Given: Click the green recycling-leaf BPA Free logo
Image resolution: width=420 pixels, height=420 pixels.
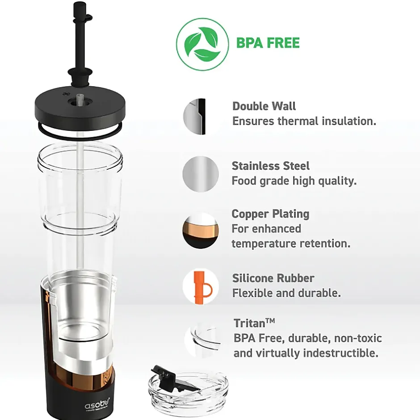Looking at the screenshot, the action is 202,44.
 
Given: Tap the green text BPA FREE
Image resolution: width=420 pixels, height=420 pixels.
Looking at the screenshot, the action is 268,43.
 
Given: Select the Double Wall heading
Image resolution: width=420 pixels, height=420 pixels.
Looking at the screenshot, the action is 264,106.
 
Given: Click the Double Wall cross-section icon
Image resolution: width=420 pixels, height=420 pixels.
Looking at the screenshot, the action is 195,116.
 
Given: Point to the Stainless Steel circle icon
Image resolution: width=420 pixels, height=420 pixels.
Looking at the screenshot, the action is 201,174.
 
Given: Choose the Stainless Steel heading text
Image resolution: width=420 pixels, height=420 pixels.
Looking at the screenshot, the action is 270,166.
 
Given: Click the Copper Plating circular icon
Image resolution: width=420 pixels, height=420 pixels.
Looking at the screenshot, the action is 201,231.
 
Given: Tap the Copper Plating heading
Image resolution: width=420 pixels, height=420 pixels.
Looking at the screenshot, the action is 270,214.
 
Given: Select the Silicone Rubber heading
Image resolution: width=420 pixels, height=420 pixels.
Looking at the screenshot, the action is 273,278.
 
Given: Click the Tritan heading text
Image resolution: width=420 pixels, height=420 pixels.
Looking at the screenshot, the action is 254,323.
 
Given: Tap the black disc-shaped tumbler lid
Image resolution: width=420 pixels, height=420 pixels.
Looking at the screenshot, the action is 80,105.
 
